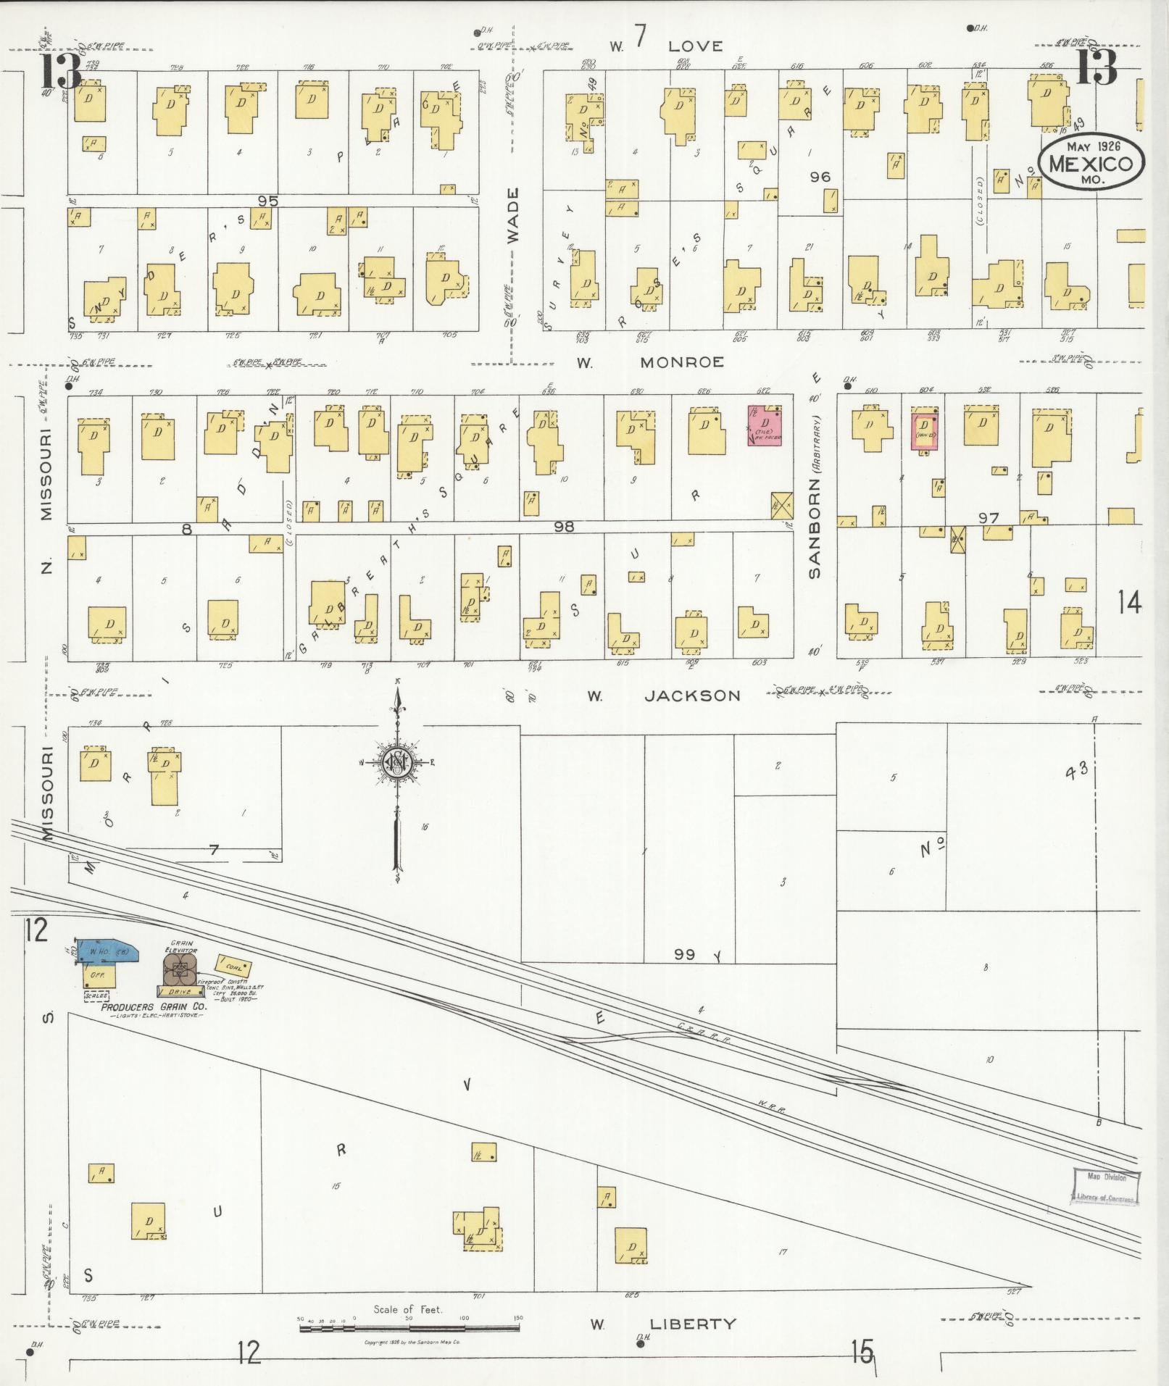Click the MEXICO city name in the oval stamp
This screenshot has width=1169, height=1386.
1092,163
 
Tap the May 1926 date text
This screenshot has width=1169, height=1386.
1094,146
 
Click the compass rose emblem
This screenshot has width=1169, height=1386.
397,761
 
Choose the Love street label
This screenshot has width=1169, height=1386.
695,46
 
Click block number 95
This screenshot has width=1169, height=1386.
268,201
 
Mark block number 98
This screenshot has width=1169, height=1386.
564,527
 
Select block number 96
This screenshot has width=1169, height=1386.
820,177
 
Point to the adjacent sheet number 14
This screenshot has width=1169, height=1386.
1128,603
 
